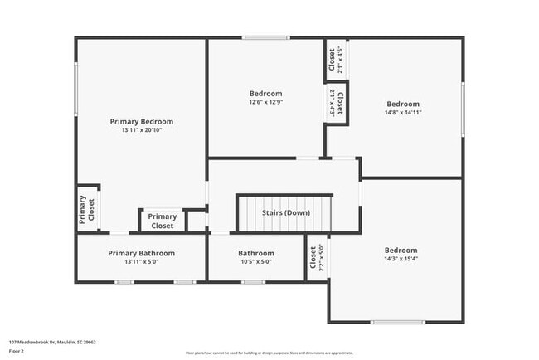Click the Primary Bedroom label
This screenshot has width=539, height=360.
click(x=142, y=121)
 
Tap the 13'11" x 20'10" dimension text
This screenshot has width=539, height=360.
click(x=142, y=130)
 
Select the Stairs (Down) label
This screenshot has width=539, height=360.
click(x=286, y=212)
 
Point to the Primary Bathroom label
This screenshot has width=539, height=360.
click(x=142, y=253)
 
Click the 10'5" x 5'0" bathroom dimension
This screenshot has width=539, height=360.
click(x=256, y=262)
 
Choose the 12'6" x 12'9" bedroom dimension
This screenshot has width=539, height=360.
click(x=266, y=103)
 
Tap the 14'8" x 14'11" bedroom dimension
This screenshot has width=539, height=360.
click(x=402, y=113)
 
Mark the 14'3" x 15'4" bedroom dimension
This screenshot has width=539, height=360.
click(x=401, y=260)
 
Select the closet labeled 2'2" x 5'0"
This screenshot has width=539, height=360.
click(x=317, y=258)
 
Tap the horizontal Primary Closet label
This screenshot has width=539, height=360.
click(x=163, y=221)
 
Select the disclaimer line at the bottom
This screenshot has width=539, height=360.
click(x=269, y=353)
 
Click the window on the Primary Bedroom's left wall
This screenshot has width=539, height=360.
click(x=76, y=89)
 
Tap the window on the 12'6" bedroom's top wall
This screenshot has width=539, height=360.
click(x=266, y=37)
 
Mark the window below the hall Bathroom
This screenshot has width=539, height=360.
click(x=254, y=282)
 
